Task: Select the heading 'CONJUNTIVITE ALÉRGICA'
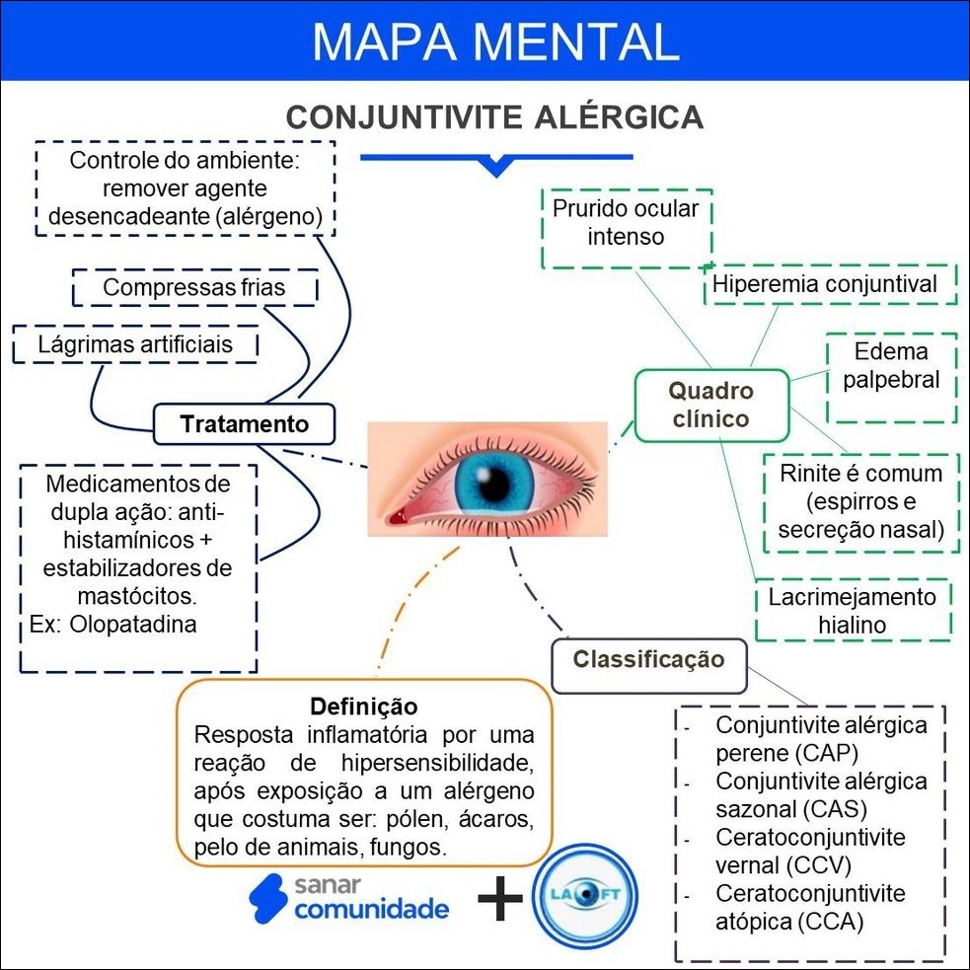(494, 117)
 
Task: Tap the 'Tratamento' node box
(244, 424)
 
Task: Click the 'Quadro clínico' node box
(710, 405)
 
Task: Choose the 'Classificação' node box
(648, 659)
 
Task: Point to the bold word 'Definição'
(363, 707)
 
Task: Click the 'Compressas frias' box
(194, 288)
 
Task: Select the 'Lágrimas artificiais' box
(135, 344)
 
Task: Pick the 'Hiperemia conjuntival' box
(825, 284)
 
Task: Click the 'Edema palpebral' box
(891, 366)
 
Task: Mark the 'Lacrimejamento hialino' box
(852, 611)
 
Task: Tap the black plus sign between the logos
(500, 901)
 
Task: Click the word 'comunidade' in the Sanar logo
(371, 909)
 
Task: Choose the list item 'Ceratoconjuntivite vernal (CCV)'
(809, 851)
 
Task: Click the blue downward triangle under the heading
(495, 167)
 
